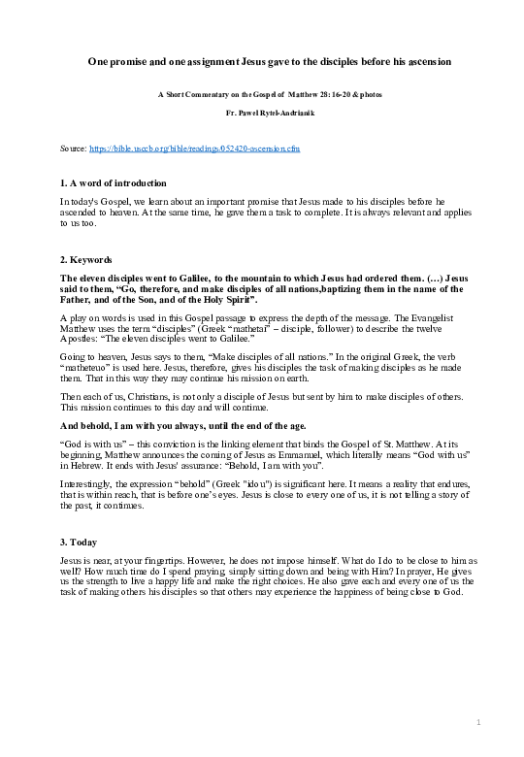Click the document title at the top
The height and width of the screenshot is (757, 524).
(262, 60)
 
